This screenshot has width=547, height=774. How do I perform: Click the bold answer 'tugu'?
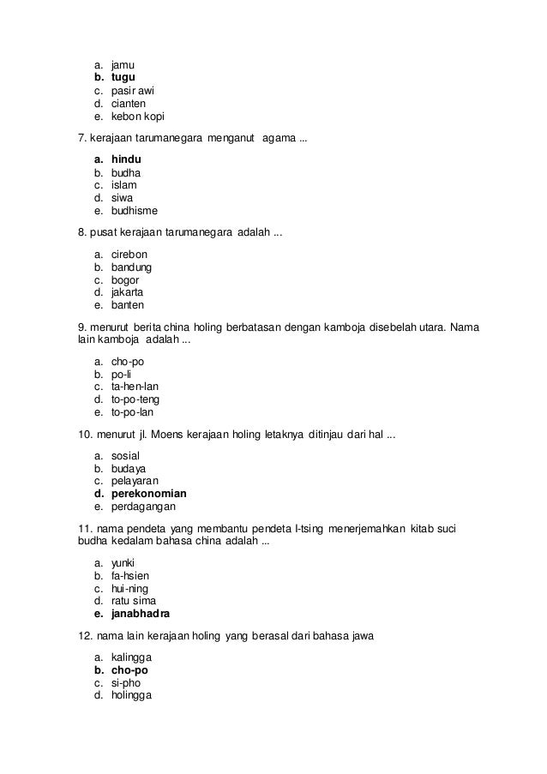[123, 77]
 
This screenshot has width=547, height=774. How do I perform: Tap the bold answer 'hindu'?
[126, 159]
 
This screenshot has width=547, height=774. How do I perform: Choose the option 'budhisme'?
[135, 210]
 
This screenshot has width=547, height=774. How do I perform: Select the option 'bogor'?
[125, 279]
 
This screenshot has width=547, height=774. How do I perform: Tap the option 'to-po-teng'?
[135, 399]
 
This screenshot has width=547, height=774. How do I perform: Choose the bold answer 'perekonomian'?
[149, 494]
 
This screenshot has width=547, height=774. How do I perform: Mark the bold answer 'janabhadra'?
[141, 614]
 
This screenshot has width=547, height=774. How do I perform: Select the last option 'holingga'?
[131, 695]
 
